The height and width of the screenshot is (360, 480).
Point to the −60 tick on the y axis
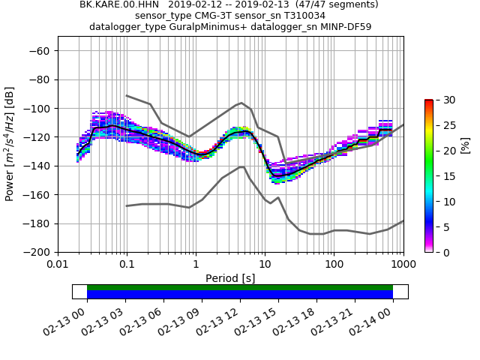pyautogui.click(x=41, y=51)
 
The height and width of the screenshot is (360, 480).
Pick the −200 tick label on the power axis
pyautogui.click(x=39, y=252)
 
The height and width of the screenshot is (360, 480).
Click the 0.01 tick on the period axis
pyautogui.click(x=58, y=265)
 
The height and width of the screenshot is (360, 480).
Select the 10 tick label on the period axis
pyautogui.click(x=265, y=265)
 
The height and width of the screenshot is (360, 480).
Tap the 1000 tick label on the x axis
pyautogui.click(x=403, y=265)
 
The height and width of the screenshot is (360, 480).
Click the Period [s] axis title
pyautogui.click(x=230, y=278)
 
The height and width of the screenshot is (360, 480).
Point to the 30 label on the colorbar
pyautogui.click(x=443, y=100)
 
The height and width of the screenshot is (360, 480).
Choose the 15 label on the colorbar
pyautogui.click(x=443, y=176)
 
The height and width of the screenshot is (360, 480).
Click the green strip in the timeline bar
pyautogui.click(x=240, y=287)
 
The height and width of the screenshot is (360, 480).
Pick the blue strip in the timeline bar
pyautogui.click(x=240, y=295)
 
